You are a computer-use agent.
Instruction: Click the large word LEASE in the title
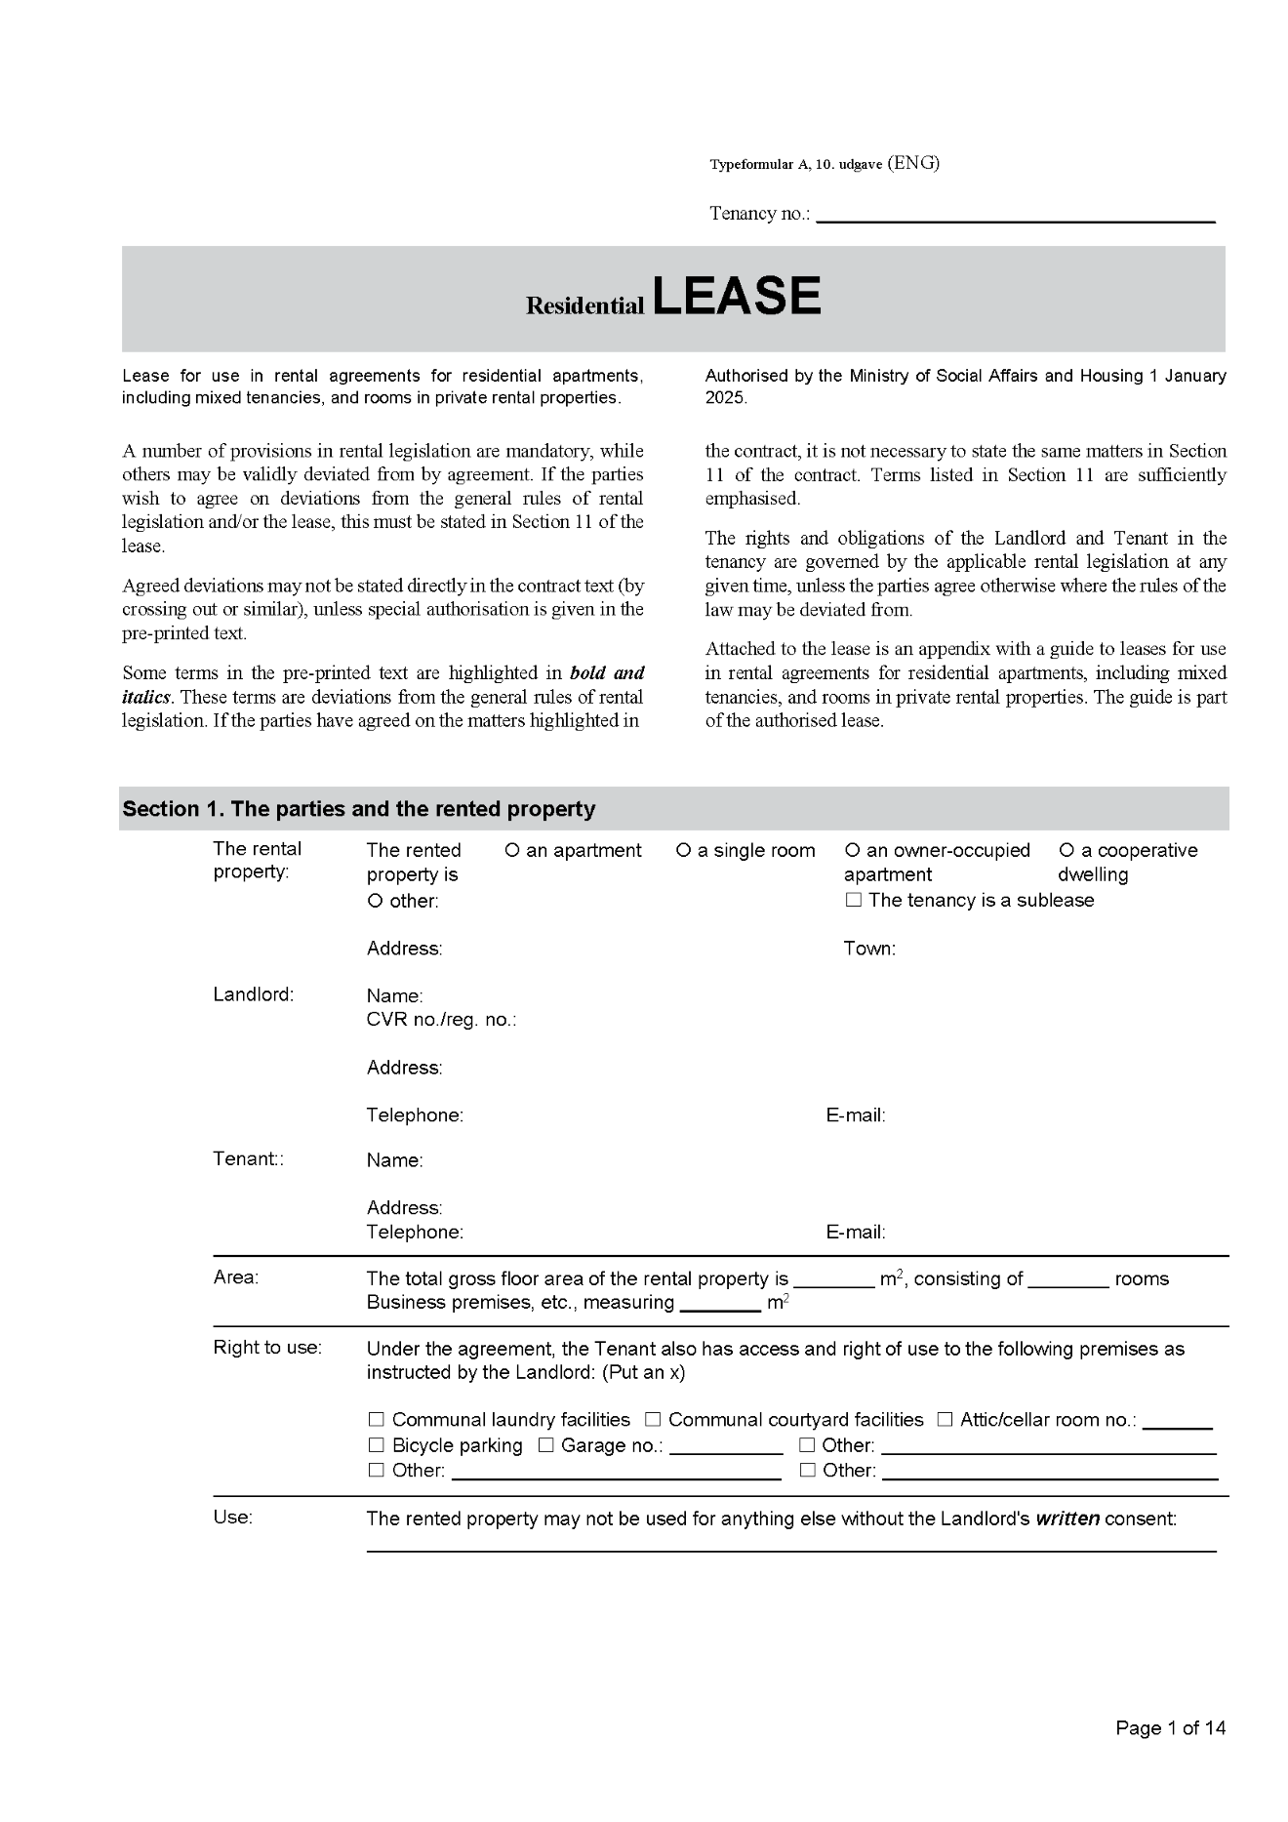737,296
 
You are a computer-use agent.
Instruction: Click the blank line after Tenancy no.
1015,215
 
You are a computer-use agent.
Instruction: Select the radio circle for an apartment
512,850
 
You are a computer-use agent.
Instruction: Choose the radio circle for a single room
683,850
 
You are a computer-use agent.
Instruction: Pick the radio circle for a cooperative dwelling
1067,850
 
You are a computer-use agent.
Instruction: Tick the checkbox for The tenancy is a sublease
854,900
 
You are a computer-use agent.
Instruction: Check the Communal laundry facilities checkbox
377,1420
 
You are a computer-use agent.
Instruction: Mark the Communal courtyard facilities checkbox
653,1420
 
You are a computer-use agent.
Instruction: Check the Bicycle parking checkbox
377,1445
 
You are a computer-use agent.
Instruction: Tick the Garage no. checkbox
546,1445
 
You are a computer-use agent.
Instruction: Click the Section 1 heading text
358,809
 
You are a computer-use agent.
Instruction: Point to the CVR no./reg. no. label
441,1020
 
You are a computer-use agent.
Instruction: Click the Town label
869,949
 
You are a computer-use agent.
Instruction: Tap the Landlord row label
253,994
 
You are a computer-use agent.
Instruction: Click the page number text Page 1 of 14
1170,1728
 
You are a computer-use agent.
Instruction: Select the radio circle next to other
375,901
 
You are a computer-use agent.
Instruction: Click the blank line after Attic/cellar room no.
1177,1422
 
